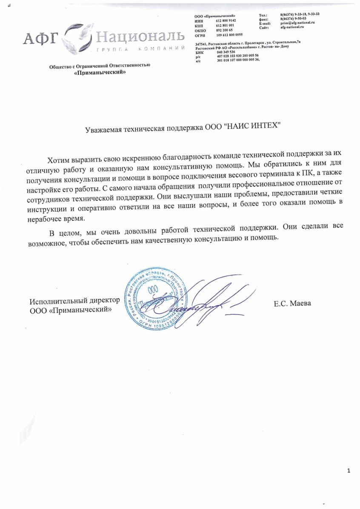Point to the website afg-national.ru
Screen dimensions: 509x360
pos(292,27)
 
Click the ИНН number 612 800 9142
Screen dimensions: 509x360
pos(226,20)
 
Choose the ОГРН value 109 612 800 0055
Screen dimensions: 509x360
pos(229,34)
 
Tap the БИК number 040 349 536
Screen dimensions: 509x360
pos(226,52)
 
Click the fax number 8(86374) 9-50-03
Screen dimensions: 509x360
pos(293,19)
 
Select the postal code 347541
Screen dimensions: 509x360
pos(201,44)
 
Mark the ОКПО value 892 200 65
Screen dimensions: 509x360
pos(224,30)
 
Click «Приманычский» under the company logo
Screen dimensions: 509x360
pos(100,72)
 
